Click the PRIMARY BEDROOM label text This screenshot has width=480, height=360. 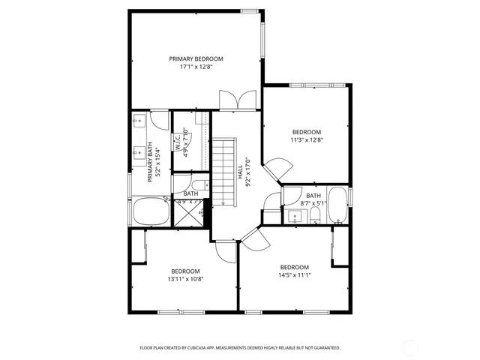click(x=196, y=58)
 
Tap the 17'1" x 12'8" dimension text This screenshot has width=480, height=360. click(x=196, y=67)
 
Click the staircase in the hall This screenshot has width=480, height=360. click(x=224, y=172)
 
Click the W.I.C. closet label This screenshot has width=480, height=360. click(x=178, y=142)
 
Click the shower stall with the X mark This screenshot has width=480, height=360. click(x=190, y=214)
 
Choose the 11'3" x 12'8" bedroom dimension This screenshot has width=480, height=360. click(x=306, y=139)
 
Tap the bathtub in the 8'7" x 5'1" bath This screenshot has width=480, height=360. click(x=337, y=206)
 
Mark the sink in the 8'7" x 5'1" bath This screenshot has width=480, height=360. click(x=295, y=217)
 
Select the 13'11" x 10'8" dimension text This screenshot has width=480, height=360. click(x=185, y=279)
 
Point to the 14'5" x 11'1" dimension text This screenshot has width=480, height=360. click(x=295, y=275)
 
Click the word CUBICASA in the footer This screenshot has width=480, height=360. click(x=196, y=348)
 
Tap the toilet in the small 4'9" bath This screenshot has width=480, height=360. click(x=199, y=186)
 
